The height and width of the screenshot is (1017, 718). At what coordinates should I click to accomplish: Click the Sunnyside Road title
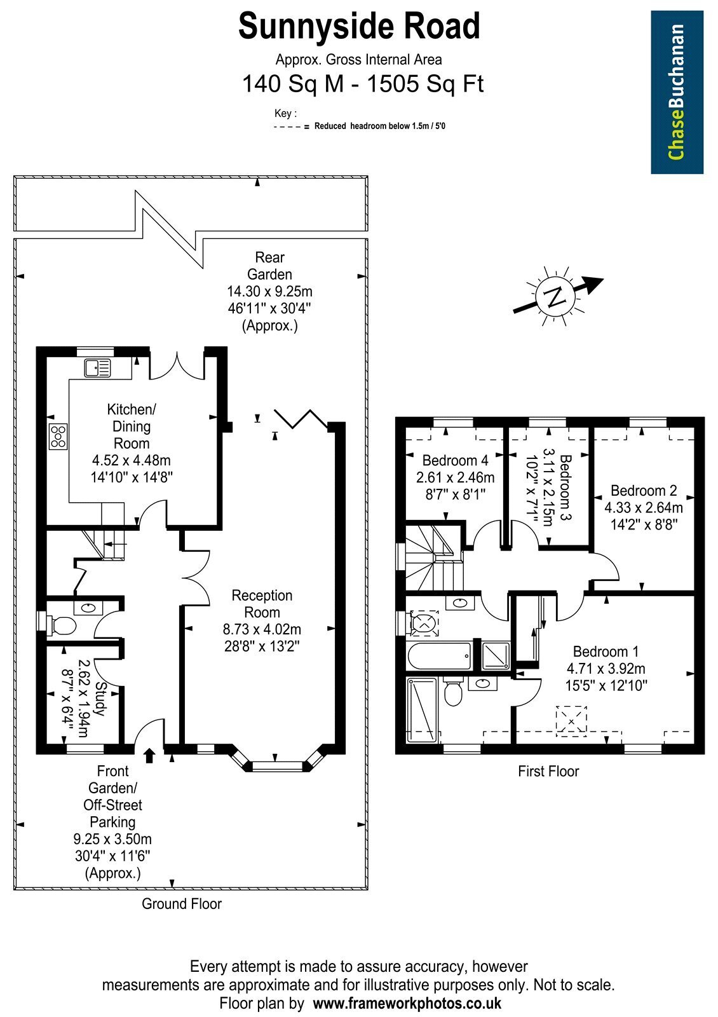pos(359,26)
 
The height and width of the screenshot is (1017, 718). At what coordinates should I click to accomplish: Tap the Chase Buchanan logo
pos(677,92)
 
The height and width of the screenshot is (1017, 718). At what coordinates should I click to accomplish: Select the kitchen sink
pos(98,368)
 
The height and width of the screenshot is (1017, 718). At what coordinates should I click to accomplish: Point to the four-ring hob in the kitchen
pos(58,436)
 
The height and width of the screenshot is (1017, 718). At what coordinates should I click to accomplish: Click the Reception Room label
pos(262,603)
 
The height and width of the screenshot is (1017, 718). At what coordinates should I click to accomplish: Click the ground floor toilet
pos(59,625)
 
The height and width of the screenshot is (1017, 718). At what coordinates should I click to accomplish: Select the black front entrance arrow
pos(150,756)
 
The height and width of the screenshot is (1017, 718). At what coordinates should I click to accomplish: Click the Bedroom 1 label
pos(606,652)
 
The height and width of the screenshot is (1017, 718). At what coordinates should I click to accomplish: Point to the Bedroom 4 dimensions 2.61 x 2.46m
pos(455,477)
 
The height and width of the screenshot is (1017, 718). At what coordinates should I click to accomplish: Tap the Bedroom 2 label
pos(644,490)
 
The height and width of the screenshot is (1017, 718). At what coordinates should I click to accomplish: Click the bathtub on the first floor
pos(439,656)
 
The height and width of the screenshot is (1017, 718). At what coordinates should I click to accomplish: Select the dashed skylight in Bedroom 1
pos(571,721)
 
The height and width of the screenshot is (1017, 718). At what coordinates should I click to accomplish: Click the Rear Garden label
pos(269,266)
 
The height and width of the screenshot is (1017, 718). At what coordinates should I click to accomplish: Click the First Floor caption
pos(548,771)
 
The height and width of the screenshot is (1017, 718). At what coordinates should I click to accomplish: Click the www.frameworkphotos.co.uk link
pos(407,1002)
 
